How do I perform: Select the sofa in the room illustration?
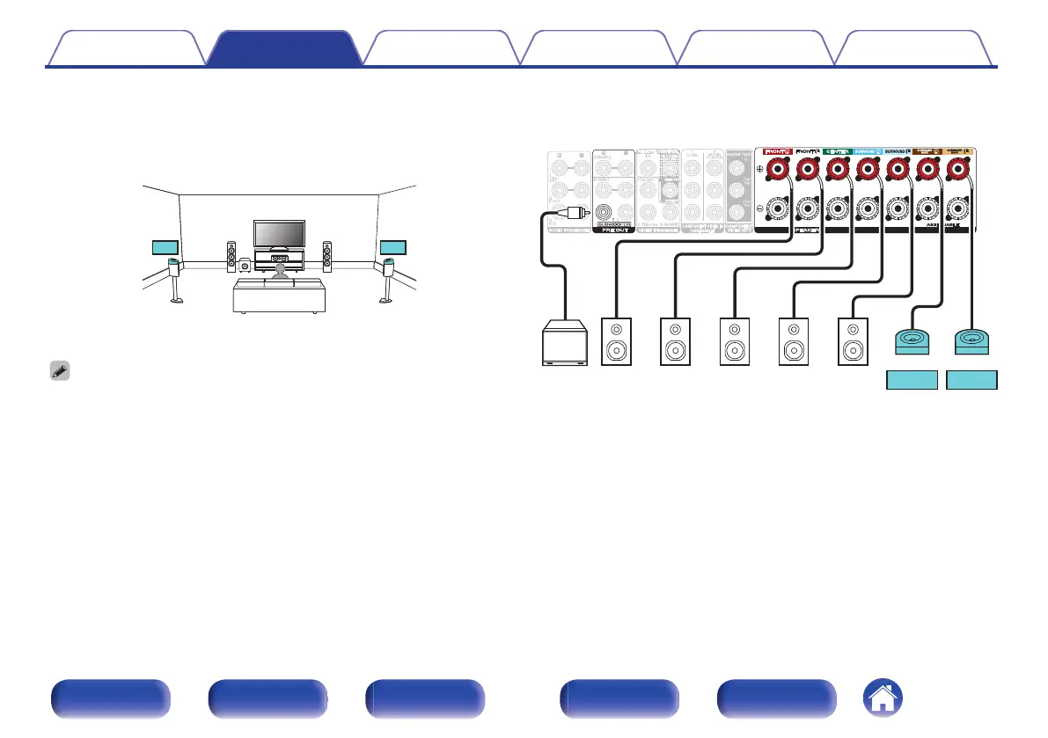pyautogui.click(x=279, y=296)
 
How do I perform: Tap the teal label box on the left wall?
pyautogui.click(x=165, y=246)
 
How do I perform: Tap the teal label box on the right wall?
pyautogui.click(x=392, y=246)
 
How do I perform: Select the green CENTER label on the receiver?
pyautogui.click(x=837, y=151)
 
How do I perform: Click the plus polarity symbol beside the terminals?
pyautogui.click(x=759, y=171)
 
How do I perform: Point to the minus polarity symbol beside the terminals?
pyautogui.click(x=759, y=210)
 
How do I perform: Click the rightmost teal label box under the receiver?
pyautogui.click(x=971, y=381)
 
